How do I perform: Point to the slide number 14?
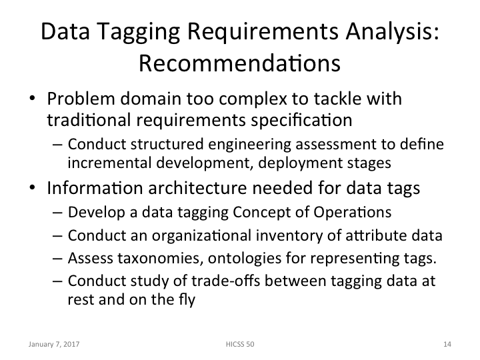tap(447, 345)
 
